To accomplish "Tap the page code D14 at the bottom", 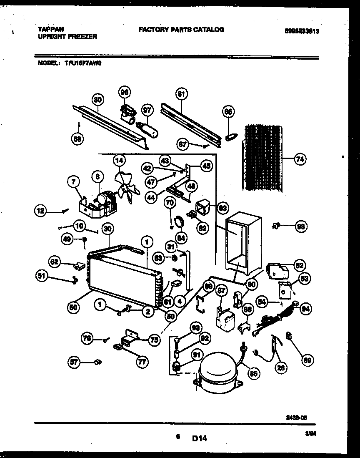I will click(x=200, y=438).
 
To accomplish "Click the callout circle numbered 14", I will click(x=119, y=160).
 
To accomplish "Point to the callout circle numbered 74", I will click(x=300, y=159).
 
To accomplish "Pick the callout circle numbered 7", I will click(x=73, y=181).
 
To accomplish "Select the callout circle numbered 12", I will click(x=40, y=211).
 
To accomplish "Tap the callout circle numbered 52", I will click(x=299, y=265).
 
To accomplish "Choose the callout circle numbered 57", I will click(x=74, y=363).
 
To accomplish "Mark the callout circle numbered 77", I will click(x=142, y=362).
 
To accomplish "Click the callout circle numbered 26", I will click(x=282, y=367).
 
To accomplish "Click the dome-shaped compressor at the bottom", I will click(x=217, y=372).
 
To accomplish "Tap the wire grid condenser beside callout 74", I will click(x=262, y=159).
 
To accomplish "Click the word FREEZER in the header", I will click(x=82, y=37).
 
